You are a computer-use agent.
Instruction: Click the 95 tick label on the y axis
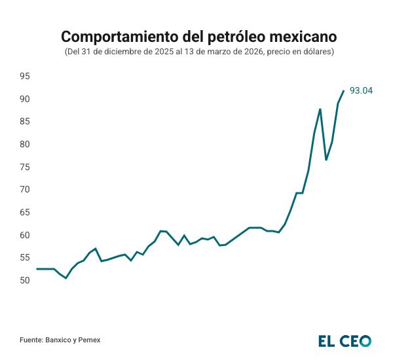coord(25,77)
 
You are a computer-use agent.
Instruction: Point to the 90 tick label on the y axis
coord(25,99)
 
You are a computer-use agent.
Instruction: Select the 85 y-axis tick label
coord(25,122)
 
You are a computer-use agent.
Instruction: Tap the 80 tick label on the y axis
coord(25,144)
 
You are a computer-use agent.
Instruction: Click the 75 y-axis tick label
coord(25,167)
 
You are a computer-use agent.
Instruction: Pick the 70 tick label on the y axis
coord(25,190)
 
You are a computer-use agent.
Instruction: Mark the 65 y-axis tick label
coord(25,212)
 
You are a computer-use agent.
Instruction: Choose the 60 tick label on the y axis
coord(25,235)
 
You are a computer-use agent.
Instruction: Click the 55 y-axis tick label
coord(25,258)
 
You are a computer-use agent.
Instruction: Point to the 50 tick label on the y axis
coord(25,280)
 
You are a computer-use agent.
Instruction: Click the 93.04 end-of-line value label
coord(362,91)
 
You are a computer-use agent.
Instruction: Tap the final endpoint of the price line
coord(344,91)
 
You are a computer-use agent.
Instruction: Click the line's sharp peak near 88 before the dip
coord(320,109)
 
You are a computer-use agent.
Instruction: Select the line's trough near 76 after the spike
coord(326,160)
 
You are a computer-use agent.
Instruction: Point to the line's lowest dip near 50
coord(66,278)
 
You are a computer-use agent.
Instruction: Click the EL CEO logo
coord(345,340)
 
